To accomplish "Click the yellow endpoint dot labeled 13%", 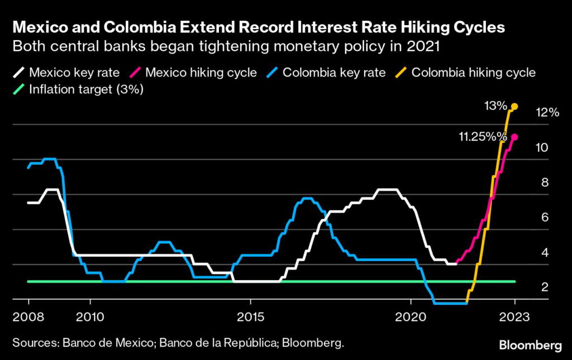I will click(x=514, y=106).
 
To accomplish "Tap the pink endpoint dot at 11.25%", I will click(x=514, y=137).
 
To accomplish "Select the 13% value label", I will click(x=495, y=106).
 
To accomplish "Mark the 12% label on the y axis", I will click(x=547, y=112).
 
